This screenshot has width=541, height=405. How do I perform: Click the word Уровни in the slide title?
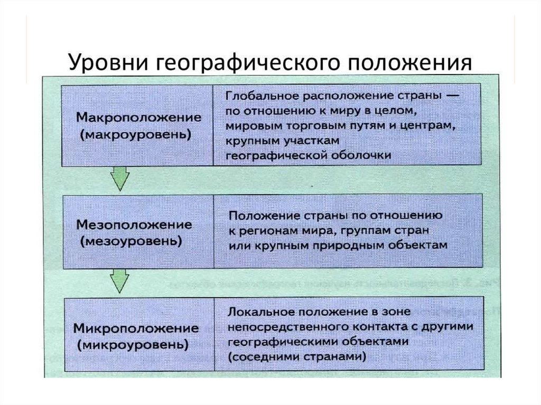(x=107, y=63)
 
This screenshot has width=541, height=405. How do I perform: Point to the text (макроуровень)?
(x=136, y=135)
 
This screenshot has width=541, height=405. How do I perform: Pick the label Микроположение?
(x=136, y=328)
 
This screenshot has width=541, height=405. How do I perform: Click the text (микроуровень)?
(x=134, y=346)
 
